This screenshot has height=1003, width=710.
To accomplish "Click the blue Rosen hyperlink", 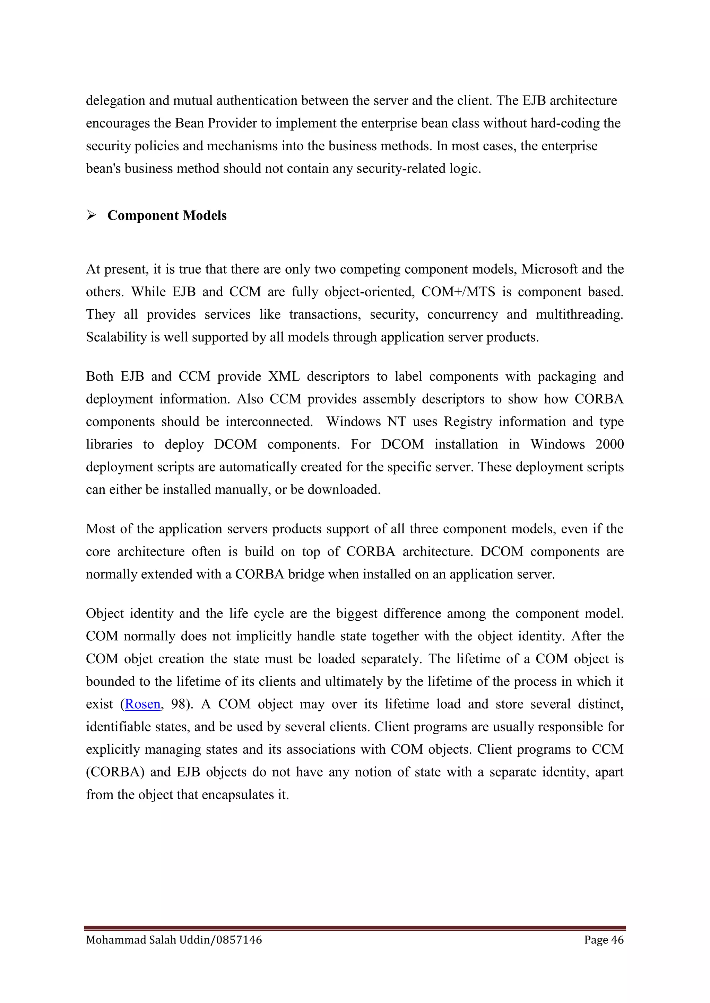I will pos(142,704).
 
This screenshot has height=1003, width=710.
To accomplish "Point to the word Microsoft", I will pos(549,269).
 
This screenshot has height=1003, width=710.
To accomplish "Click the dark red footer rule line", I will pos(355,928).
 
